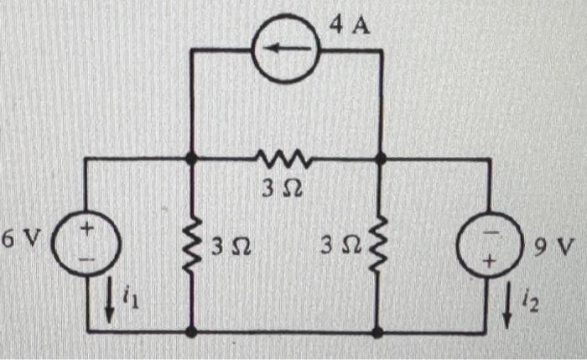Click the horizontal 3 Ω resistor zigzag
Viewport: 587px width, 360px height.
click(x=285, y=157)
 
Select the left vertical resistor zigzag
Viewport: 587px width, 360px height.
click(x=192, y=245)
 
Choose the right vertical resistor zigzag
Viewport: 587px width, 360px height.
click(x=382, y=245)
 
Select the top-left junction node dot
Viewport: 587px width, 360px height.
click(x=192, y=157)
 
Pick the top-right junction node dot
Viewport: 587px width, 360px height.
click(x=382, y=157)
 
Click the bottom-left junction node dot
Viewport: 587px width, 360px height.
click(x=192, y=331)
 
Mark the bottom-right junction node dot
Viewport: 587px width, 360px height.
click(x=382, y=331)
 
